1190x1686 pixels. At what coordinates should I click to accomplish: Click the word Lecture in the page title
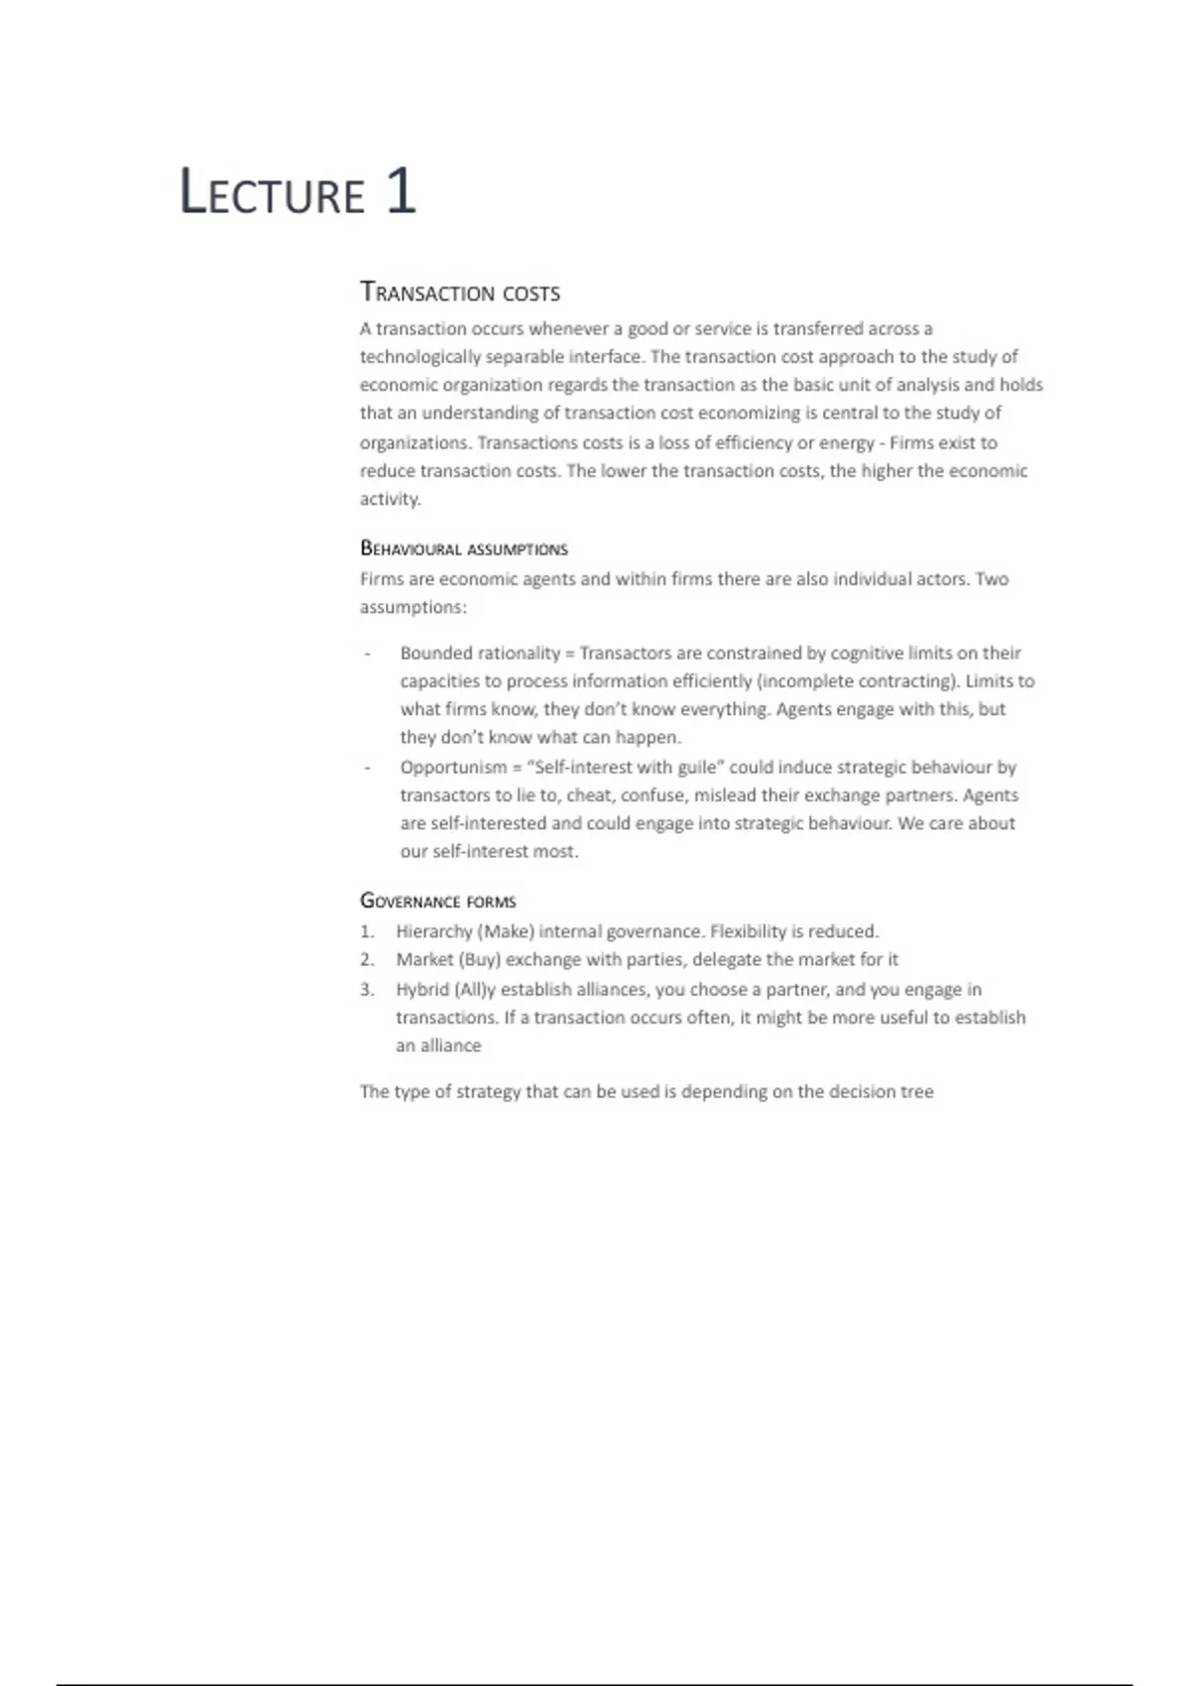coord(272,192)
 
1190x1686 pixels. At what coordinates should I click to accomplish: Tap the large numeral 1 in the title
coord(400,190)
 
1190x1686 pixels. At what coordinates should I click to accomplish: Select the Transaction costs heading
coord(460,293)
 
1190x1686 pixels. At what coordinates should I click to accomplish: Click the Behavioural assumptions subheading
coord(463,548)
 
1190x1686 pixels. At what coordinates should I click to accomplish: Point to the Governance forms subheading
coord(437,901)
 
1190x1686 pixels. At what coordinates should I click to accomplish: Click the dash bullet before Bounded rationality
coord(367,654)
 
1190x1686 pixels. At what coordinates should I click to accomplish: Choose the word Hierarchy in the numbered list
coord(433,931)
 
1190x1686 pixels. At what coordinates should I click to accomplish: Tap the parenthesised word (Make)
coord(506,931)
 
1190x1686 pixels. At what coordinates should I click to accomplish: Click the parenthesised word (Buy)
coord(479,959)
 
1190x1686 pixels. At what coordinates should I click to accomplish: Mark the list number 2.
coord(366,959)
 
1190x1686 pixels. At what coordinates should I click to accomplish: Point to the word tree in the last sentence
coord(916,1091)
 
